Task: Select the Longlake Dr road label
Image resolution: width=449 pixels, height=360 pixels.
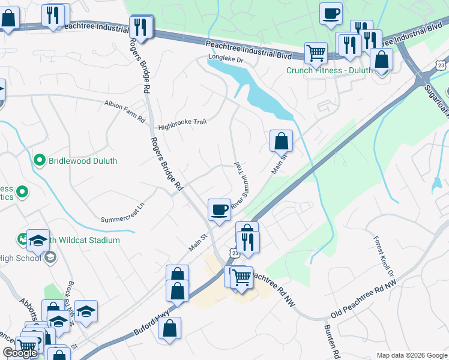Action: [x=225, y=59]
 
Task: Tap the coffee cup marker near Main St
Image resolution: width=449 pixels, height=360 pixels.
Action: [x=219, y=210]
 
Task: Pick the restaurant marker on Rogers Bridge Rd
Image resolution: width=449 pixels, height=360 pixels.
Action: [x=141, y=27]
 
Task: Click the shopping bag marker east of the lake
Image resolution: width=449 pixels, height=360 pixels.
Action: [x=281, y=142]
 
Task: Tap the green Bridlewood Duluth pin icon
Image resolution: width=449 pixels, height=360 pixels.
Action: [x=40, y=161]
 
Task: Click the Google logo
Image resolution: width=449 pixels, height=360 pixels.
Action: [x=19, y=353]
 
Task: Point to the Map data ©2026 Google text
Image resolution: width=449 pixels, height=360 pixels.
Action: [x=411, y=355]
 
